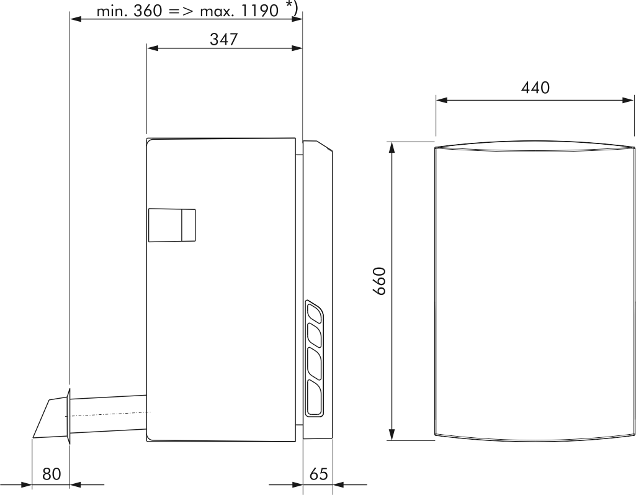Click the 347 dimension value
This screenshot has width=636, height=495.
click(x=223, y=39)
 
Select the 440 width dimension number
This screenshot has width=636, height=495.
click(x=535, y=88)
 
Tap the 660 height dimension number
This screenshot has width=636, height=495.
click(x=380, y=281)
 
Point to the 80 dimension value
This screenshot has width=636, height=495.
click(x=52, y=474)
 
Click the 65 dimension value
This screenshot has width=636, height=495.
click(x=318, y=474)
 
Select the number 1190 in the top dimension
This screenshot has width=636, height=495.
click(x=260, y=11)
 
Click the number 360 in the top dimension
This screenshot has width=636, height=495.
click(x=148, y=11)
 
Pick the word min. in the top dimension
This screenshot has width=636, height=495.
click(x=112, y=11)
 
